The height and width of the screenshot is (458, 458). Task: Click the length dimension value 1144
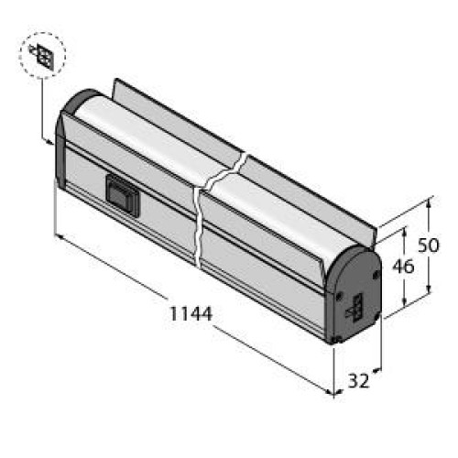191,313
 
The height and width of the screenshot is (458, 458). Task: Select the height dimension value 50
428,245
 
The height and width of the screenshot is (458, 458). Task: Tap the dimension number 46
403,267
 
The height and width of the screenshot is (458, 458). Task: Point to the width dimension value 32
359,381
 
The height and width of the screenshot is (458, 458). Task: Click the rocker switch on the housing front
122,196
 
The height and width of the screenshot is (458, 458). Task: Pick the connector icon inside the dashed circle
42,55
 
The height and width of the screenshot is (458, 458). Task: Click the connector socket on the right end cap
355,308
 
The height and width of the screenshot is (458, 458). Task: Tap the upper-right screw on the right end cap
376,274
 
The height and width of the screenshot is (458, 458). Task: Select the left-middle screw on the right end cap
339,296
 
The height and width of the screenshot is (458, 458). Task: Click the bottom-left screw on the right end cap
337,339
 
